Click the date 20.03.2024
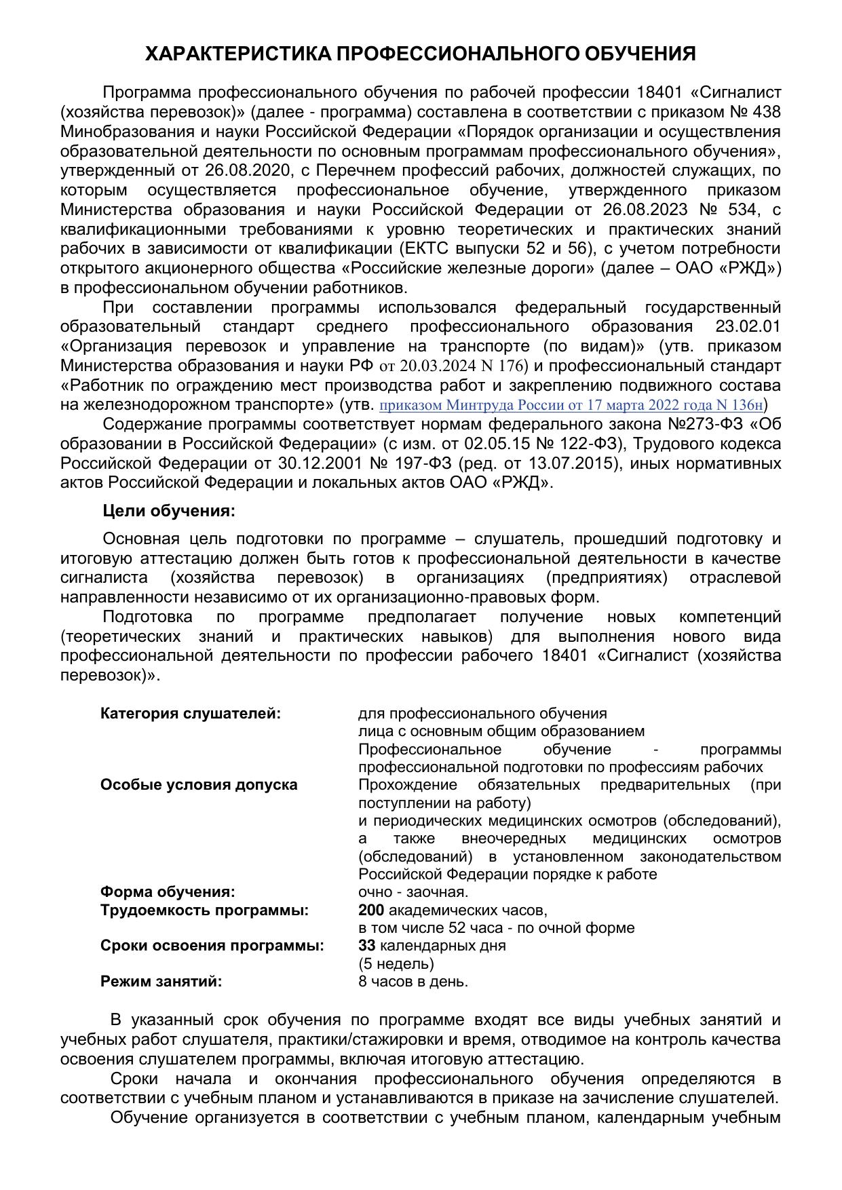pyautogui.click(x=433, y=366)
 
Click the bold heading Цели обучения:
pyautogui.click(x=169, y=511)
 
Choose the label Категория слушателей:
pyautogui.click(x=191, y=714)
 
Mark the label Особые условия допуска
pyautogui.click(x=199, y=785)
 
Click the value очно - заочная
pyautogui.click(x=413, y=891)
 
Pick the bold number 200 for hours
pyautogui.click(x=371, y=910)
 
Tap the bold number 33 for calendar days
pyautogui.click(x=366, y=945)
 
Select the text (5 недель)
pyautogui.click(x=396, y=963)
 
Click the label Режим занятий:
pyautogui.click(x=161, y=981)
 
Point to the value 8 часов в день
pyautogui.click(x=413, y=981)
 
